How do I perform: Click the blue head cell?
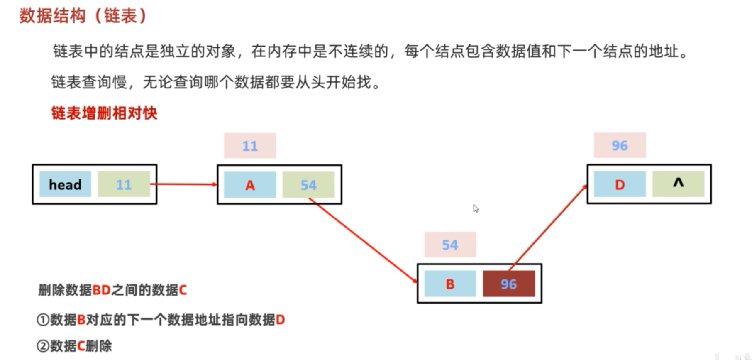click(65, 184)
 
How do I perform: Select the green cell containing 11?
click(124, 184)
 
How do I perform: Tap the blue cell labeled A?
click(250, 185)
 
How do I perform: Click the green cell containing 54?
click(308, 185)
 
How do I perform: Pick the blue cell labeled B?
click(450, 284)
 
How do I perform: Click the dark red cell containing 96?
click(509, 284)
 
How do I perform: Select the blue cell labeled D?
click(620, 184)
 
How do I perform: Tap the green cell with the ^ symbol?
click(678, 184)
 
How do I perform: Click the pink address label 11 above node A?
click(250, 146)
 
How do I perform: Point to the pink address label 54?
click(450, 245)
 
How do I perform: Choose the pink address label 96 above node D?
click(620, 145)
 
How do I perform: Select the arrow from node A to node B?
click(363, 241)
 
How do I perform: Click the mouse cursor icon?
click(476, 208)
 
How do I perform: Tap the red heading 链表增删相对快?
click(104, 113)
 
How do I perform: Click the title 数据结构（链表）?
click(83, 16)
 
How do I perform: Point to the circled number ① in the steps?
click(43, 320)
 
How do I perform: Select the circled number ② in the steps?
click(43, 346)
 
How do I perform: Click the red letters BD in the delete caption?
click(101, 290)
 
